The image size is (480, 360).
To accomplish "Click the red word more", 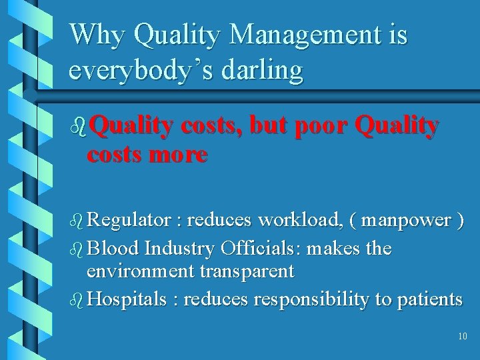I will click(x=179, y=155).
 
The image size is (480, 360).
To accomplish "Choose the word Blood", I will click(x=113, y=249).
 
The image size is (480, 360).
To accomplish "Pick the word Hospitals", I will click(x=127, y=299).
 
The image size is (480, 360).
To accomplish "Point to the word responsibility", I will click(x=311, y=299).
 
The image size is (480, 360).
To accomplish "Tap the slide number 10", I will click(x=463, y=337).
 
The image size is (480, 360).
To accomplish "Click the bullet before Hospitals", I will click(x=77, y=299).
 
